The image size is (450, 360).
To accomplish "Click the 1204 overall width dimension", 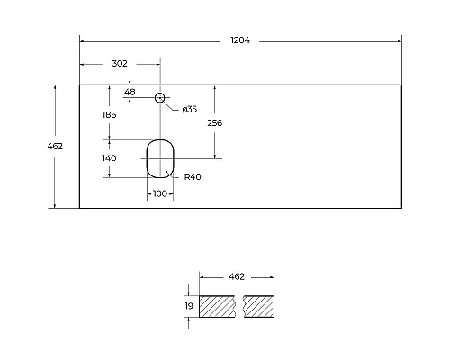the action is click(240, 40).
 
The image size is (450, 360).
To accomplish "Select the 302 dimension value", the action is click(120, 64).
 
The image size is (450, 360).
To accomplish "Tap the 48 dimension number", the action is click(130, 92).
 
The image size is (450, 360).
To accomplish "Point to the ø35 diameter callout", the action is click(190, 109).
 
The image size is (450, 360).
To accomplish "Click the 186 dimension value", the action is click(109, 115).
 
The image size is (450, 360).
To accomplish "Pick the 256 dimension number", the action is click(215, 123).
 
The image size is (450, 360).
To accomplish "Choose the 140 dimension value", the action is click(109, 158).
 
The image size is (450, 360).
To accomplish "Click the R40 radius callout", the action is click(193, 177).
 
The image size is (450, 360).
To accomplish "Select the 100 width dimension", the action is click(160, 193).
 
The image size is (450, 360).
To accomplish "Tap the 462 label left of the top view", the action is click(55, 147).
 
